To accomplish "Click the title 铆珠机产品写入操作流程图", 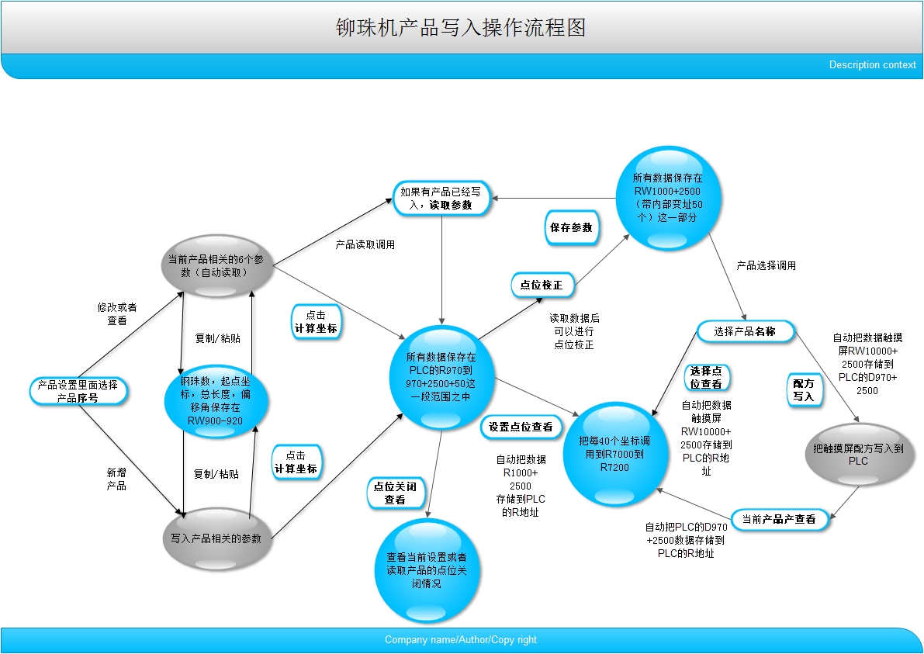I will pos(461,28).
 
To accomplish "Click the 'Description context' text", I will pos(872,65).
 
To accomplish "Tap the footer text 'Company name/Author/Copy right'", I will pos(461,640).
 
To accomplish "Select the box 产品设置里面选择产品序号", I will pos(78,391).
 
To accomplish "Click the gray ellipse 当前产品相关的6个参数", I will pos(218,265).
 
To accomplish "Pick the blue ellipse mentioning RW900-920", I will pos(217,400).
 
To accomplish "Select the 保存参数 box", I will pos(571,227).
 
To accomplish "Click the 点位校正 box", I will pos(542,285).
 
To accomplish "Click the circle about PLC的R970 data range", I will pos(441,376).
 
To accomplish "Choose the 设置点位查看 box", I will pos(521,426).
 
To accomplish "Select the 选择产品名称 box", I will pos(745,331).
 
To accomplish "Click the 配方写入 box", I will pos(804,389).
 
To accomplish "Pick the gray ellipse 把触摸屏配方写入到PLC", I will pos(858,455).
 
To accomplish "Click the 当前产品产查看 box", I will pos(779,519).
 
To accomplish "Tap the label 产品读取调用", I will pos(365,245).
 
